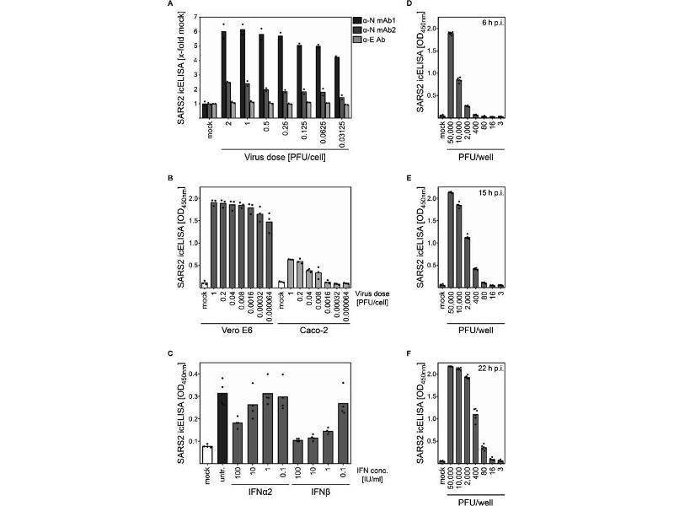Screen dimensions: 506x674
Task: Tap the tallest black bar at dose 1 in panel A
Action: click(x=243, y=67)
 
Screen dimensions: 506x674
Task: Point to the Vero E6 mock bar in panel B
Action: click(x=204, y=285)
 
